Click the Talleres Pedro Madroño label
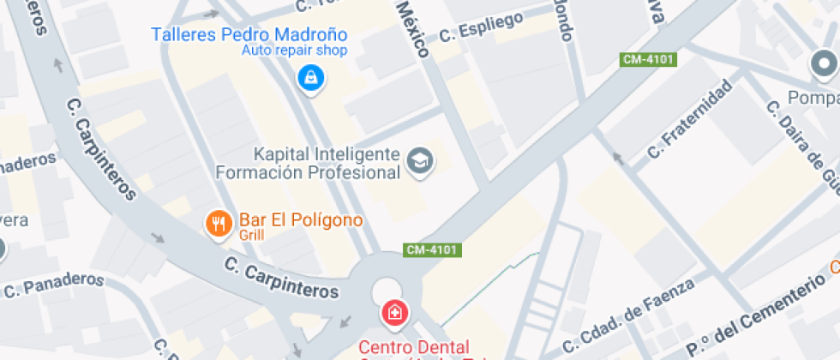(249, 35)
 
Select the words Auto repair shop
(293, 51)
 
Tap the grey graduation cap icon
(419, 161)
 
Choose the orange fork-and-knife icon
(219, 224)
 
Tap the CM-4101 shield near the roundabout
(433, 250)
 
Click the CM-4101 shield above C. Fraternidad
(649, 59)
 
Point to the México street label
(412, 28)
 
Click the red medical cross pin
(394, 313)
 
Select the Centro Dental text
(413, 347)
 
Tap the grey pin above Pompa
(825, 64)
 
